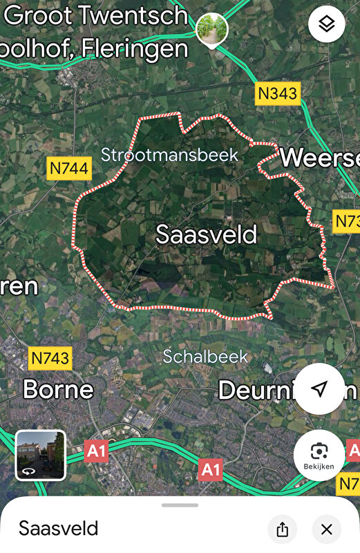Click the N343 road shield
(x=278, y=93)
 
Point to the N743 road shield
(x=50, y=357)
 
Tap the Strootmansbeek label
(x=169, y=154)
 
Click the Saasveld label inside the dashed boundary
(x=206, y=234)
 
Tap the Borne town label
(x=58, y=389)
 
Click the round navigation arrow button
(x=319, y=388)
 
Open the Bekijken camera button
(x=319, y=455)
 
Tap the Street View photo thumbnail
(x=40, y=455)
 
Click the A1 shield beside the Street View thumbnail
(x=97, y=451)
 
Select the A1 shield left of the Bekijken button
(x=211, y=470)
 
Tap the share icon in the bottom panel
(x=282, y=529)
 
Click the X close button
(x=326, y=529)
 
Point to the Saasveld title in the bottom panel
(x=58, y=529)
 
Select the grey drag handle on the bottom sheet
(x=180, y=505)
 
